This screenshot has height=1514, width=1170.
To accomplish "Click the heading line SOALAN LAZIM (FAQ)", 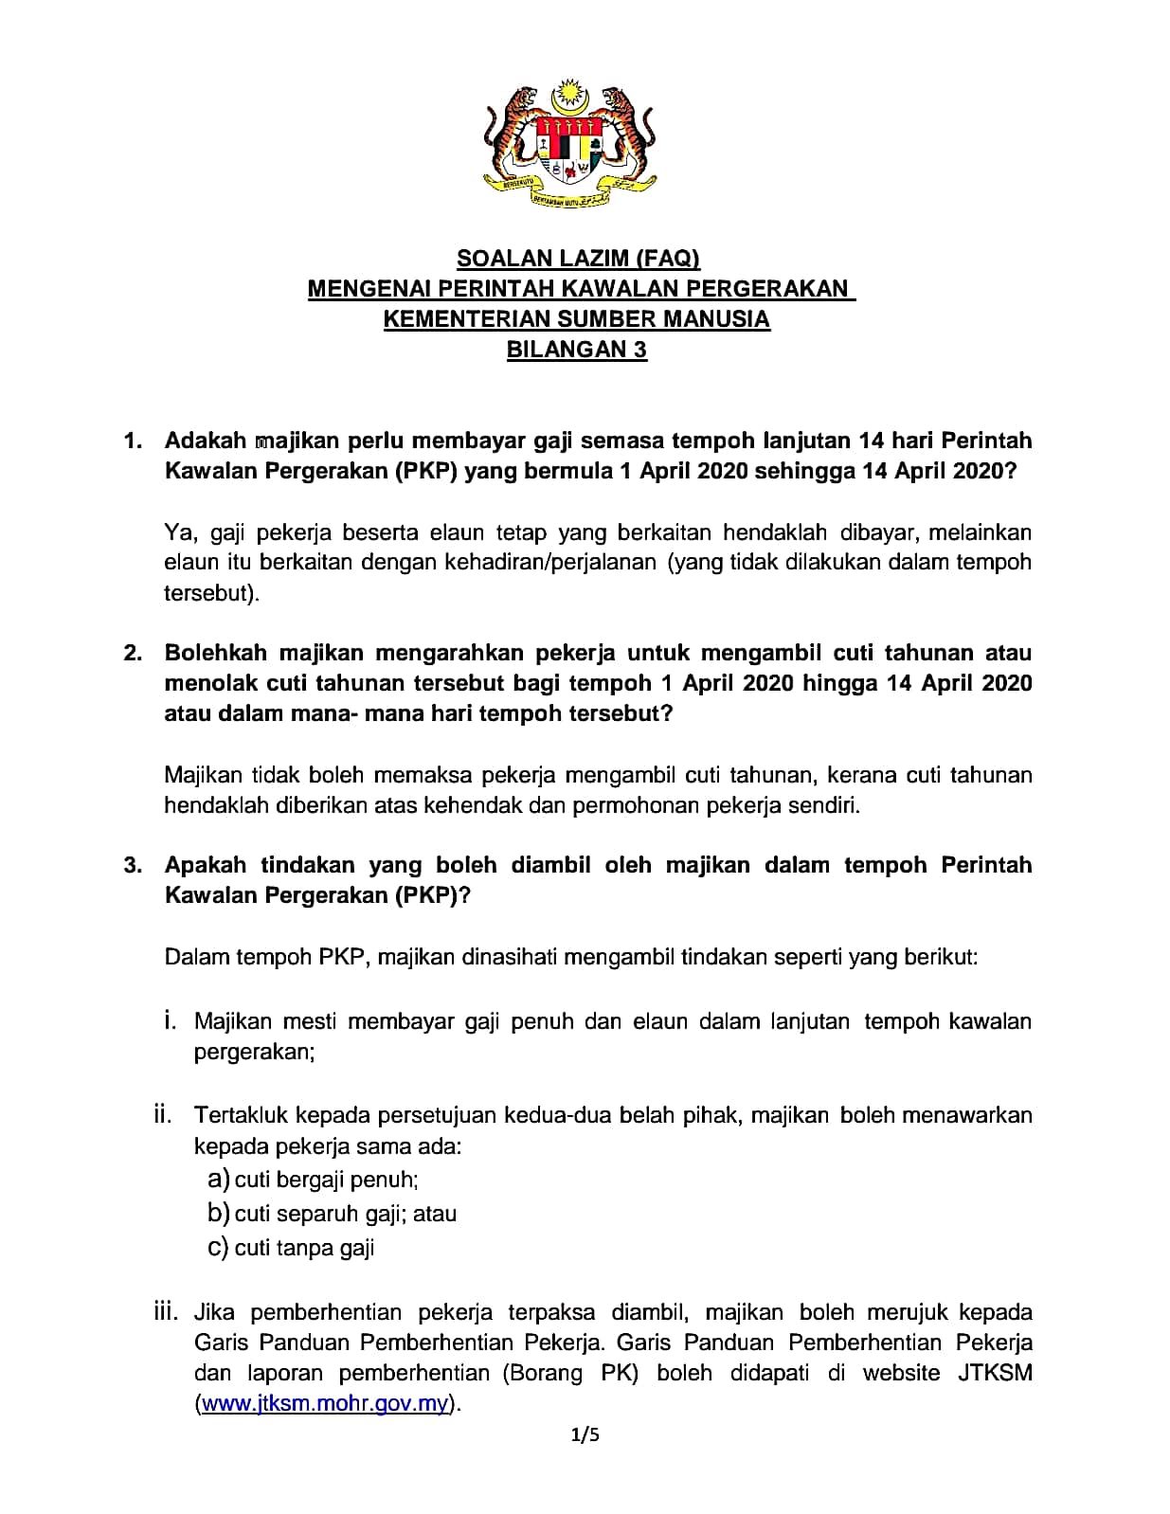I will pos(577,259).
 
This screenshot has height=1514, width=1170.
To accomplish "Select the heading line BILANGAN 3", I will pos(577,350).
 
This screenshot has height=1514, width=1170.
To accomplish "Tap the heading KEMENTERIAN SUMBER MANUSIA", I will pos(577,319).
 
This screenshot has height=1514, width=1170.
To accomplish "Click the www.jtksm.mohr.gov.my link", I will pos(325,1403).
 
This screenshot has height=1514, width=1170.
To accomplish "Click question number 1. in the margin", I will pos(134,441).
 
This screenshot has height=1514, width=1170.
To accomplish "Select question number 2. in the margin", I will pos(134,653).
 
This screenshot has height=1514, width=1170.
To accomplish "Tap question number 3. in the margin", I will pos(134,865).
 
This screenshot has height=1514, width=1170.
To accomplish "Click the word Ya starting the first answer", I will pos(178,532).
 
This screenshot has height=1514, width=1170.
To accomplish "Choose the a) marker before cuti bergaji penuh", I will pos(218,1180).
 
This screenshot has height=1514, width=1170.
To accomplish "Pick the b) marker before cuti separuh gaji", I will pos(218,1213).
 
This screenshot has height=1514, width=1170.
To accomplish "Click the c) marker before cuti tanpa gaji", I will pos(218,1247).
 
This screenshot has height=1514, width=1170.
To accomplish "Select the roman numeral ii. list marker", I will pos(163,1115).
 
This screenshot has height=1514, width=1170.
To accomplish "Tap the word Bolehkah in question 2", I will pos(217,653).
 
